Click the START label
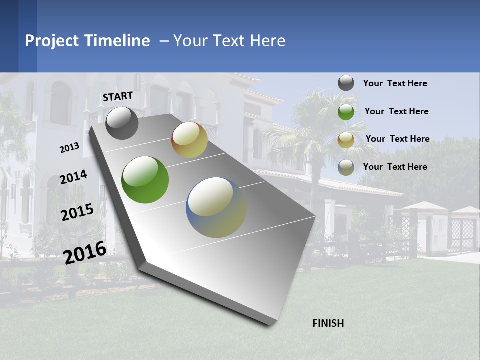pos(118,96)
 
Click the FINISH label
pos(328,323)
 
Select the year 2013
pos(69,148)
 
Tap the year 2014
pos(73,177)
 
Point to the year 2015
pos(77,212)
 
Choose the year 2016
pos(85,252)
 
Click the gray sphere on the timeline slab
pos(122,123)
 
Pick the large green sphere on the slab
pos(145,180)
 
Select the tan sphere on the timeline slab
pos(189,140)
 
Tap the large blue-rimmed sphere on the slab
pos(216,207)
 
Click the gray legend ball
pos(346,83)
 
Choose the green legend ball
pos(346,112)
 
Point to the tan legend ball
pos(346,140)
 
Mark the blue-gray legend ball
pos(346,167)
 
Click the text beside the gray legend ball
pos(395,84)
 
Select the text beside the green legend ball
pos(396,111)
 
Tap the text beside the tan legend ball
pos(397,139)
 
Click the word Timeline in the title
pos(117,41)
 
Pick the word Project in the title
pos(53,41)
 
